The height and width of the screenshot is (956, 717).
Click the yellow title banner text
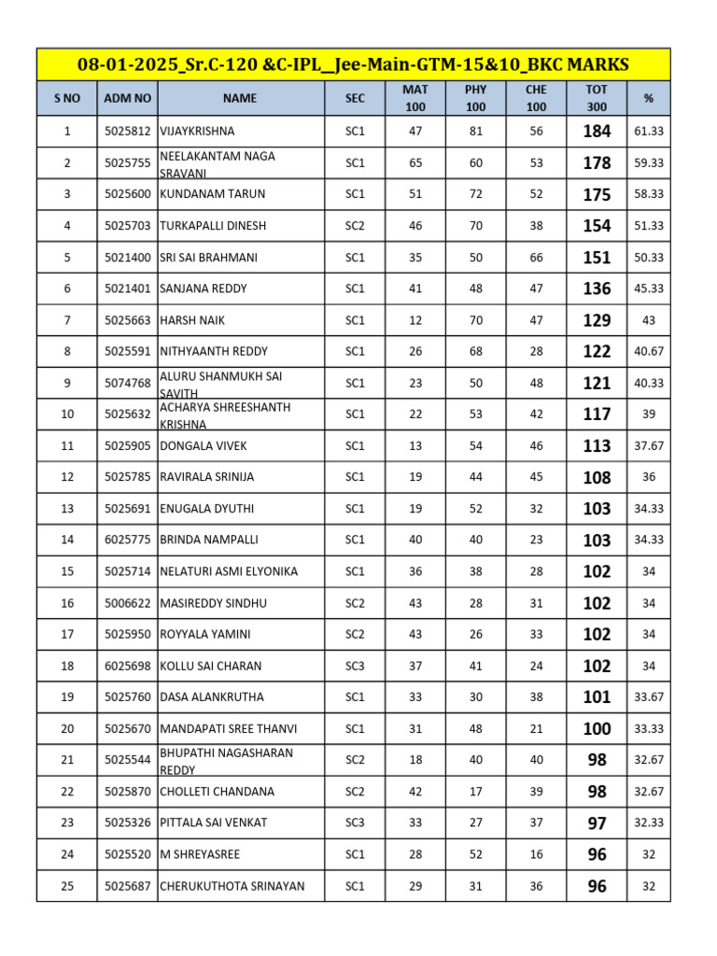click(353, 64)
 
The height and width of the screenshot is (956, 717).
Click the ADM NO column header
click(127, 97)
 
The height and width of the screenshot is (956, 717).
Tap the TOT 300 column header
click(597, 97)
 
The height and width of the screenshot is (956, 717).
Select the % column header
click(648, 97)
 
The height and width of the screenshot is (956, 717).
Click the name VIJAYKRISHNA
click(198, 132)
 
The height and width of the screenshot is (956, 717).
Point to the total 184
click(597, 132)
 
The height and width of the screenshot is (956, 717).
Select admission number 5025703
click(127, 226)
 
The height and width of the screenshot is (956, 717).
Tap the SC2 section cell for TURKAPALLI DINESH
click(355, 226)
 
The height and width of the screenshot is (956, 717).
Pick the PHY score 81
click(476, 132)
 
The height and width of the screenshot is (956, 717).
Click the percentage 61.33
click(648, 132)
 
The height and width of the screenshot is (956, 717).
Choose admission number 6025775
click(127, 540)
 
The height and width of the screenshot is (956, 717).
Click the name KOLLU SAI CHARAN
click(211, 666)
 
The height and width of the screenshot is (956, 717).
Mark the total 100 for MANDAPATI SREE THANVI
click(597, 728)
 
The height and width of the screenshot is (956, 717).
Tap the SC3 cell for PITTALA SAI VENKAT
click(355, 822)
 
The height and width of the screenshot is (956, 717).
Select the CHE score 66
click(536, 257)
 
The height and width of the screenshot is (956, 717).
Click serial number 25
click(67, 886)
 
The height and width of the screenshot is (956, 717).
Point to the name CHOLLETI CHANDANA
click(218, 792)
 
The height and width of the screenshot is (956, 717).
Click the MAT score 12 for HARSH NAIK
click(415, 320)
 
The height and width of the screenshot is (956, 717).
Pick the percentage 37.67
click(648, 445)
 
